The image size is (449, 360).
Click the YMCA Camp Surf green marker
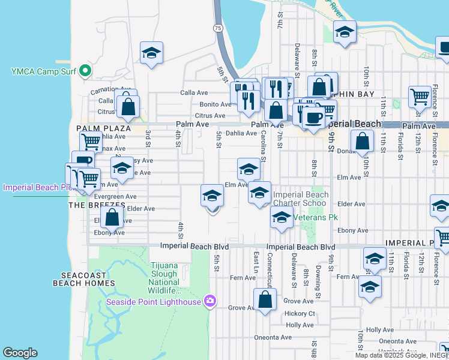[x=85, y=72]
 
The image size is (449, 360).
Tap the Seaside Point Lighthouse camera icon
[x=209, y=301]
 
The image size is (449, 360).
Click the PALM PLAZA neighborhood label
[x=104, y=128]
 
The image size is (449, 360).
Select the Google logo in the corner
[x=20, y=353]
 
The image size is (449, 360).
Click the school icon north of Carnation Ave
[x=152, y=53]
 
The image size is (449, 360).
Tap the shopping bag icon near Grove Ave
[x=265, y=299]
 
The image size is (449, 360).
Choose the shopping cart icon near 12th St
[x=420, y=96]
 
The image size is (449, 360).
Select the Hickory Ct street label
[x=300, y=313]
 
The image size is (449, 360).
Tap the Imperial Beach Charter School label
[x=301, y=199]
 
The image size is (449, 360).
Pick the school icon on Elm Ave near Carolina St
[x=249, y=169]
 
